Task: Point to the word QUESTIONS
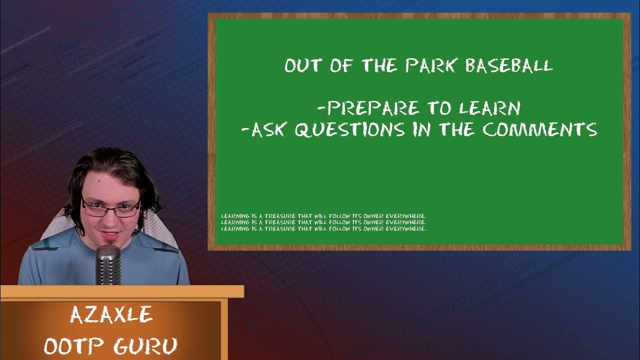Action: tap(349, 129)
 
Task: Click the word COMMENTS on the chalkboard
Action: tap(540, 129)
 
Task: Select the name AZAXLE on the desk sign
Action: tap(110, 315)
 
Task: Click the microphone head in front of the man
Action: tap(108, 258)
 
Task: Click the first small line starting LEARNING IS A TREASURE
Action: tap(323, 216)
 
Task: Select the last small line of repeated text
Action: tap(323, 228)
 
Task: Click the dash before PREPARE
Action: tap(320, 108)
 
